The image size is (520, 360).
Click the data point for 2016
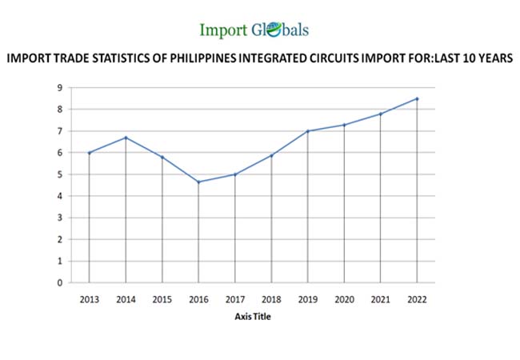[x=198, y=182]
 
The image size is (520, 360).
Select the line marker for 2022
[x=417, y=98]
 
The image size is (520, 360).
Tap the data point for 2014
[x=126, y=138]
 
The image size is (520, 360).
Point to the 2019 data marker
[x=308, y=131]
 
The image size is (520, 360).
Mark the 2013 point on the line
[x=90, y=153]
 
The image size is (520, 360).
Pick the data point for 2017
[x=235, y=174]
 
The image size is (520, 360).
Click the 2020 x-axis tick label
[x=344, y=299]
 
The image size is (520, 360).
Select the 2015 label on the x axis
[x=162, y=299]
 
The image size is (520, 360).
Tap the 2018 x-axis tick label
[x=271, y=299]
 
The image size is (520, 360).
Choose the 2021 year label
[x=381, y=299]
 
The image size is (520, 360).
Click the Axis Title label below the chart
[x=254, y=316]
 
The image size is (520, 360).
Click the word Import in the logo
[x=225, y=30]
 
